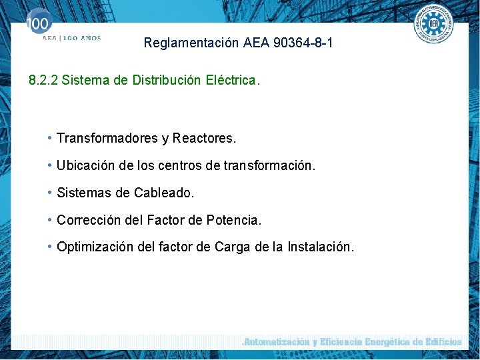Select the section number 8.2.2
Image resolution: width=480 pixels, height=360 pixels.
point(43,81)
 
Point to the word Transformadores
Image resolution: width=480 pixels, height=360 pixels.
point(107,139)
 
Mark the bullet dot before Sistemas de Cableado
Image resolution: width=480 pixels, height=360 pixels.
point(51,193)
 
